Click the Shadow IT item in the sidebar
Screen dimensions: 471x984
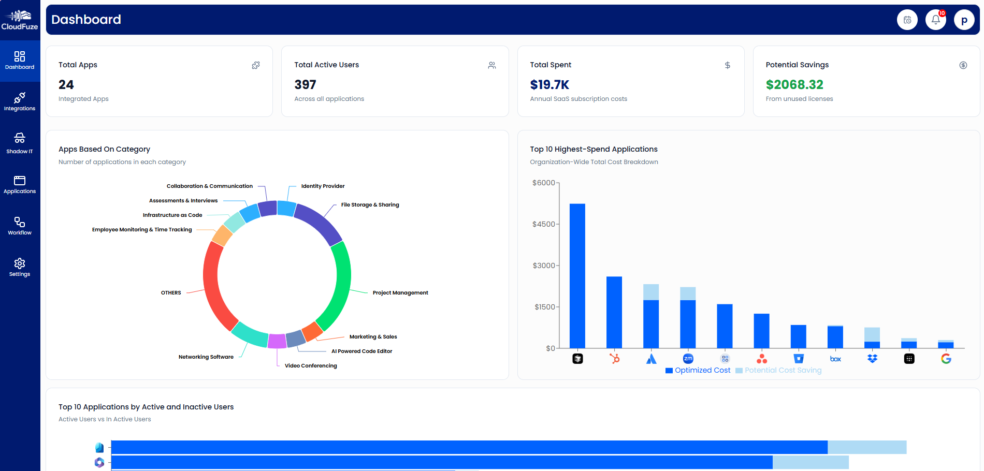[x=20, y=143]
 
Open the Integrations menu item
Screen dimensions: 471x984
[x=20, y=101]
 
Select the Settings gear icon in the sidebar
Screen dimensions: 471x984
[x=20, y=267]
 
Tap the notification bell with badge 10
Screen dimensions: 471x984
[x=935, y=20]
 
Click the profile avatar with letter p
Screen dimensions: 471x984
[x=964, y=20]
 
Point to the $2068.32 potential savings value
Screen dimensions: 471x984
[x=794, y=84]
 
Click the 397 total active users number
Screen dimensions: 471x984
[x=305, y=84]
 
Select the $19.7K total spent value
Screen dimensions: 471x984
[x=549, y=84]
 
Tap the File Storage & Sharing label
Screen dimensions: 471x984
[x=370, y=205]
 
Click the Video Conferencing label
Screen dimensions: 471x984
[x=311, y=366]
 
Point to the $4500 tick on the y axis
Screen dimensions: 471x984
[x=543, y=224]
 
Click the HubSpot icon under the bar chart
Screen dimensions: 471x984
[x=614, y=359]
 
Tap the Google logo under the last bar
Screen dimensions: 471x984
[x=946, y=359]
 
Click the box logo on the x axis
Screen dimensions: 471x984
[x=835, y=359]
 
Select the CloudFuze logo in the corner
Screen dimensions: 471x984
[x=20, y=20]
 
